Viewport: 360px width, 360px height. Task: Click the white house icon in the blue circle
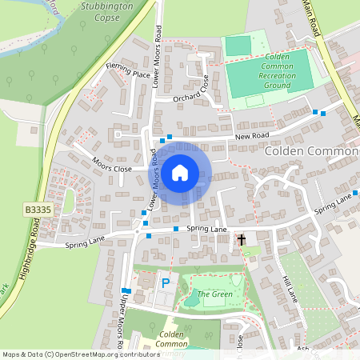(180, 172)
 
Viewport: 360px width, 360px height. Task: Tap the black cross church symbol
(240, 239)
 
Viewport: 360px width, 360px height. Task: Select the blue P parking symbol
(166, 283)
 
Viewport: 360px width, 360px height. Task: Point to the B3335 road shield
(38, 210)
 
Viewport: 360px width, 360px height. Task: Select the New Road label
(254, 137)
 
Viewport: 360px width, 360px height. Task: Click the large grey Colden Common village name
(311, 151)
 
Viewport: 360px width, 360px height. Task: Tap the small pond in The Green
(191, 301)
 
